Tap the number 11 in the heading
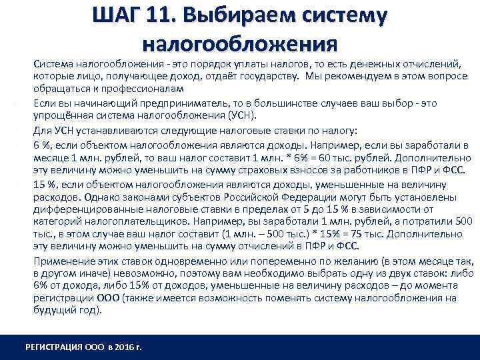coord(168,17)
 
